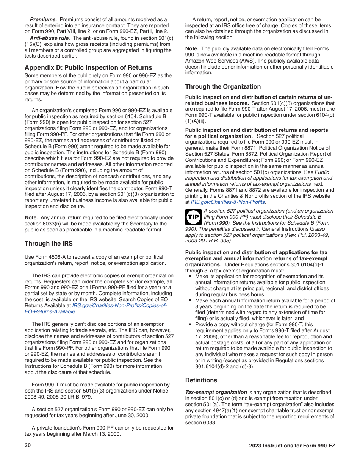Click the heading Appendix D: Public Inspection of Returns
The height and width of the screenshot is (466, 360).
[88, 67]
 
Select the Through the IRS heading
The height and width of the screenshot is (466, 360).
[49, 243]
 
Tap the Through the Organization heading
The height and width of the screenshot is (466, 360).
[223, 86]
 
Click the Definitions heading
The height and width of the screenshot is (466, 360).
[201, 380]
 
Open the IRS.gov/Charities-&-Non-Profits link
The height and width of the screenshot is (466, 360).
[227, 202]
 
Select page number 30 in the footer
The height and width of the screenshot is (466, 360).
[28, 446]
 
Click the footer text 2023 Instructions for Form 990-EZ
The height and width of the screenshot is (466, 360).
[292, 446]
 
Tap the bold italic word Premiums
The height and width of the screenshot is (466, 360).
[43, 19]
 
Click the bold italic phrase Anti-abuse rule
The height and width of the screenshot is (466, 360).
[50, 38]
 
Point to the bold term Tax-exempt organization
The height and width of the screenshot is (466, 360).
[216, 392]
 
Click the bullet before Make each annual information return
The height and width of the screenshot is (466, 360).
[190, 300]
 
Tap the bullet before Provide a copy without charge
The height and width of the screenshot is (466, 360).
[190, 324]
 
